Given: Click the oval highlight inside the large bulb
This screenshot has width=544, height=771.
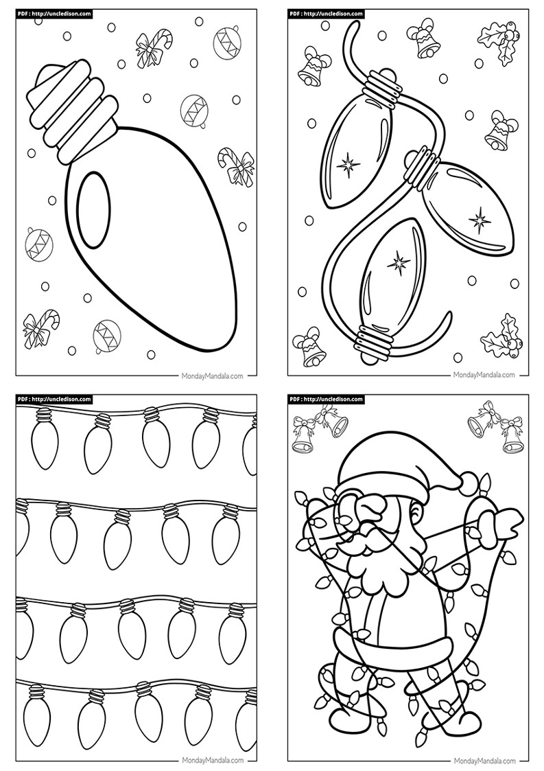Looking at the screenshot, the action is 92,211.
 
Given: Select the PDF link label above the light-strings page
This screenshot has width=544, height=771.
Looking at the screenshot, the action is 55,400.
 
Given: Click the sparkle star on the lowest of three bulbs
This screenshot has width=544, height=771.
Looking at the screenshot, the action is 397,264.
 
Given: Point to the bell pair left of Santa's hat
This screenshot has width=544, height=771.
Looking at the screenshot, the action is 319,428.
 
